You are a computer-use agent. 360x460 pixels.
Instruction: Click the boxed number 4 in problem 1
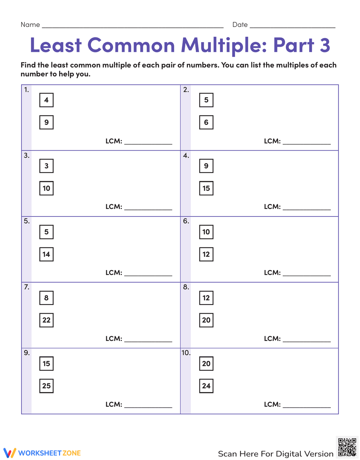[x=46, y=100]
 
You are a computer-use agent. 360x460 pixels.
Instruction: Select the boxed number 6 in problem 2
[x=206, y=122]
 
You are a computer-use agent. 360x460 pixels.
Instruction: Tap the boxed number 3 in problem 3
[x=46, y=166]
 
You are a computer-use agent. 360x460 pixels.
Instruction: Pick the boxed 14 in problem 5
[x=46, y=254]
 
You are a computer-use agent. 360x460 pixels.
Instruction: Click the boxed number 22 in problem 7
[x=46, y=320]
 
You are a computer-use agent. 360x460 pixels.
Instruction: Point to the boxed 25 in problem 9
[x=46, y=386]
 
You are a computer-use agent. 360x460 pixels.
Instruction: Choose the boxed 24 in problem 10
[x=206, y=386]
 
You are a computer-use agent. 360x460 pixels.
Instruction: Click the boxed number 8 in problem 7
[x=46, y=298]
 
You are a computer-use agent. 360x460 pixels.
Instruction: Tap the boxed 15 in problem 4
[x=206, y=188]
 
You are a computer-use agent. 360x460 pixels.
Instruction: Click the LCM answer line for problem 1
[x=148, y=143]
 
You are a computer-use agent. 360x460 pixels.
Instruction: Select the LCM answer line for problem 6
[x=307, y=275]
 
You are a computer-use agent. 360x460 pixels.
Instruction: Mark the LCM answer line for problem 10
[x=307, y=406]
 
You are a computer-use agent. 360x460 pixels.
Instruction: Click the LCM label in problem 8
[x=272, y=338]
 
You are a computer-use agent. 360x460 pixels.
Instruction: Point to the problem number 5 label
[x=27, y=221]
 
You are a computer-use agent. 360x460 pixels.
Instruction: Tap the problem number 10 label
[x=186, y=353]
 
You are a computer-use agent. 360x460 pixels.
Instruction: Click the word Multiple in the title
[x=223, y=45]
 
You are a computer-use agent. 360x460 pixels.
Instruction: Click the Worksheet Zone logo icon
[x=10, y=453]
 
